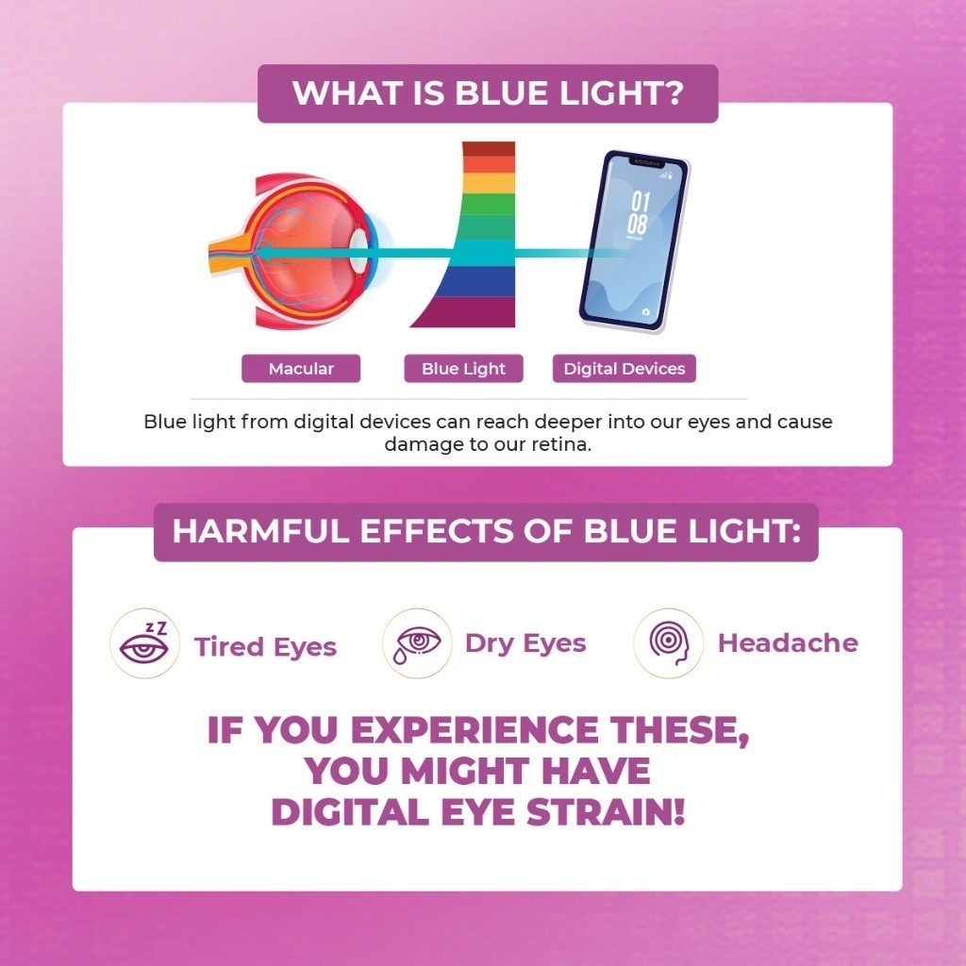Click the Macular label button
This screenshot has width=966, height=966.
(x=301, y=369)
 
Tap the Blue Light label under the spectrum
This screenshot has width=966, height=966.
(x=463, y=369)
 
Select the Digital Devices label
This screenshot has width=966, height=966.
(x=625, y=369)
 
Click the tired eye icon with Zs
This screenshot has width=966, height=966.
(x=144, y=643)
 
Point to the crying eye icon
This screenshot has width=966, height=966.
(x=417, y=643)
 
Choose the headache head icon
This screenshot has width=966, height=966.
(x=669, y=643)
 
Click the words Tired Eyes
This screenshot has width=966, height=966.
(x=265, y=647)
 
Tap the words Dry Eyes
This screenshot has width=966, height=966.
(x=525, y=643)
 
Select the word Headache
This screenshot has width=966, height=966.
(x=788, y=643)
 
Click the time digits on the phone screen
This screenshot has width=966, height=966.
(x=639, y=212)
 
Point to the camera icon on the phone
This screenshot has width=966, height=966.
(x=645, y=311)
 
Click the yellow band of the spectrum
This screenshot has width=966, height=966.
(x=490, y=183)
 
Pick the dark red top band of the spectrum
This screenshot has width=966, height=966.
(x=489, y=148)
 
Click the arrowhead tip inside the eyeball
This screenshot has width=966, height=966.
(x=257, y=253)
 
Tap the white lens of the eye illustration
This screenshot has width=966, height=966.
(x=358, y=253)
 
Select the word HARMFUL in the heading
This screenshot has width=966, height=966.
(x=261, y=531)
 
